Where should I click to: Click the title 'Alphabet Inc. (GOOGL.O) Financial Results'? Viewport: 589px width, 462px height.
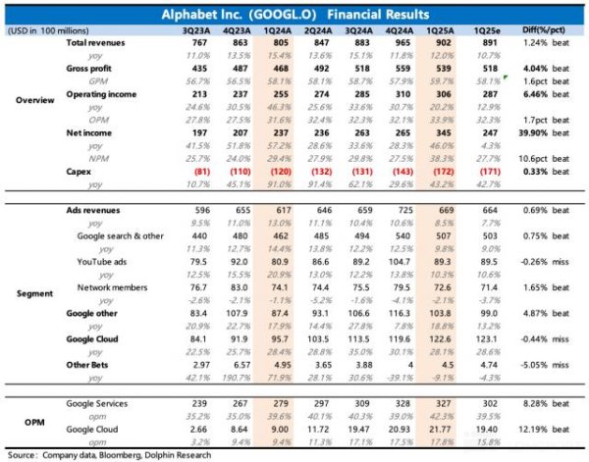(294, 15)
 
